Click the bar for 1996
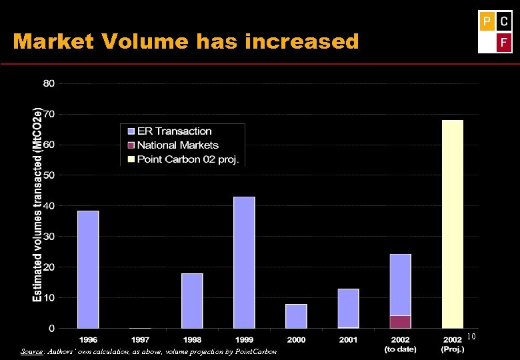click(88, 269)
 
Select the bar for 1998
click(192, 301)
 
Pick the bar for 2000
click(296, 316)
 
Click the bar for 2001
click(348, 308)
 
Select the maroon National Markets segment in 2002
click(400, 321)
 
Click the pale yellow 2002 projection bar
click(452, 224)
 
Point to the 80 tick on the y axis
click(49, 84)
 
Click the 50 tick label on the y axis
click(49, 175)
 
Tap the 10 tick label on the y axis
click(49, 297)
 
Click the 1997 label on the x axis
click(140, 339)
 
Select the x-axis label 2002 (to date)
click(400, 344)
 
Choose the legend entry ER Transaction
click(174, 131)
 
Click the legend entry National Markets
click(177, 145)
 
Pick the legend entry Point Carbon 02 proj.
click(188, 159)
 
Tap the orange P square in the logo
click(487, 22)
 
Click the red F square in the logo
click(504, 43)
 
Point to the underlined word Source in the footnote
click(31, 351)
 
